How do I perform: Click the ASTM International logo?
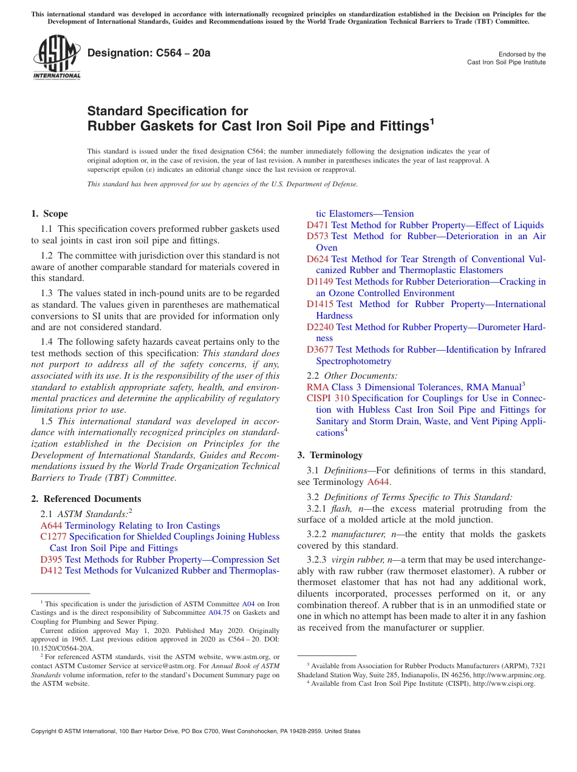click(56, 58)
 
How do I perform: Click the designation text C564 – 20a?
click(149, 53)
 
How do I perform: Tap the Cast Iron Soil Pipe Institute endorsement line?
click(506, 63)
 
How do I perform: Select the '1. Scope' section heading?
click(50, 214)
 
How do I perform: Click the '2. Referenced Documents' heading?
click(86, 499)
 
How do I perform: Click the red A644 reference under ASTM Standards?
click(51, 526)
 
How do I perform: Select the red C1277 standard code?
click(53, 537)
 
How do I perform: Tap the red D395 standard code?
click(51, 560)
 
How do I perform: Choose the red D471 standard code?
click(318, 225)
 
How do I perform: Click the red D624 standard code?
click(318, 259)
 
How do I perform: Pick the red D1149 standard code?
click(320, 282)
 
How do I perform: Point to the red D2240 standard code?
click(320, 327)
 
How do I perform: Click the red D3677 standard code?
click(320, 350)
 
